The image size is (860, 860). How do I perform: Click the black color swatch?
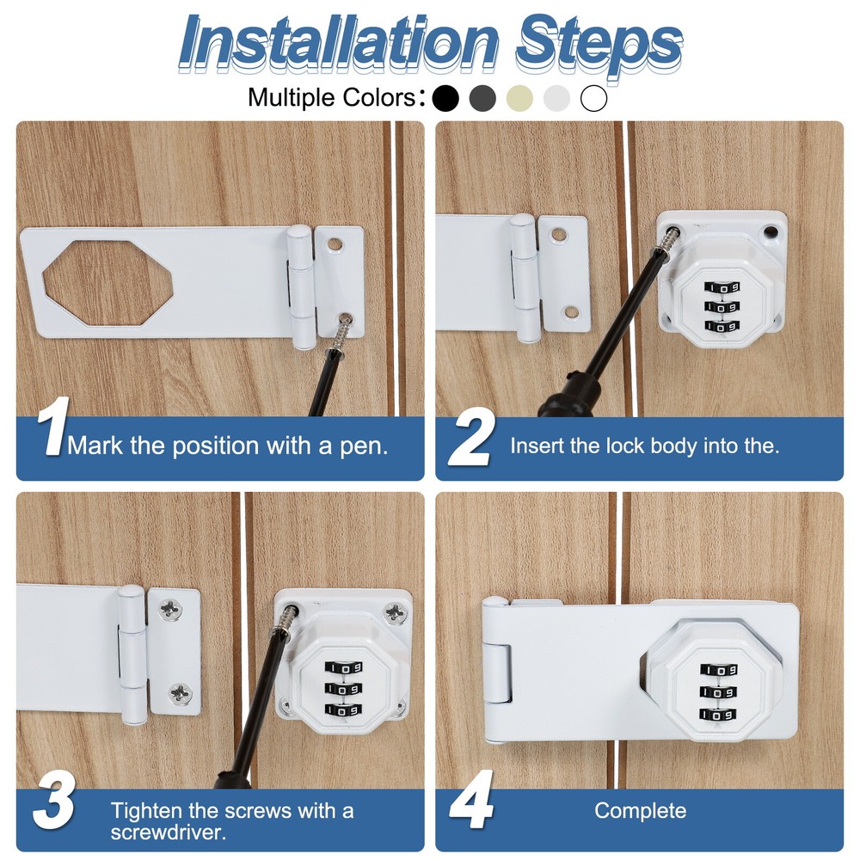click(x=445, y=99)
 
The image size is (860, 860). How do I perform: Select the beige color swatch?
click(x=519, y=99)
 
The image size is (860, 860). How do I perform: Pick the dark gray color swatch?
click(x=482, y=99)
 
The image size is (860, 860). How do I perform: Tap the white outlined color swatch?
click(x=594, y=99)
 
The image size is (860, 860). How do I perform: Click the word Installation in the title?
click(x=338, y=42)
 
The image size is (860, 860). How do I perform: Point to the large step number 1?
click(x=52, y=427)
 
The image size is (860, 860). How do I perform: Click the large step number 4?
click(x=471, y=800)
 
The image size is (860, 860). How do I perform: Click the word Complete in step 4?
click(x=640, y=811)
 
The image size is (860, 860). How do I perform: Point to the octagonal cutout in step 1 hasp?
click(x=108, y=284)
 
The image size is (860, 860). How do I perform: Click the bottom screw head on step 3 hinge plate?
click(x=180, y=693)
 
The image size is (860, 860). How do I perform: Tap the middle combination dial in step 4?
click(x=718, y=692)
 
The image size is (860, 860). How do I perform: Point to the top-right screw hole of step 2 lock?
click(x=771, y=232)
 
